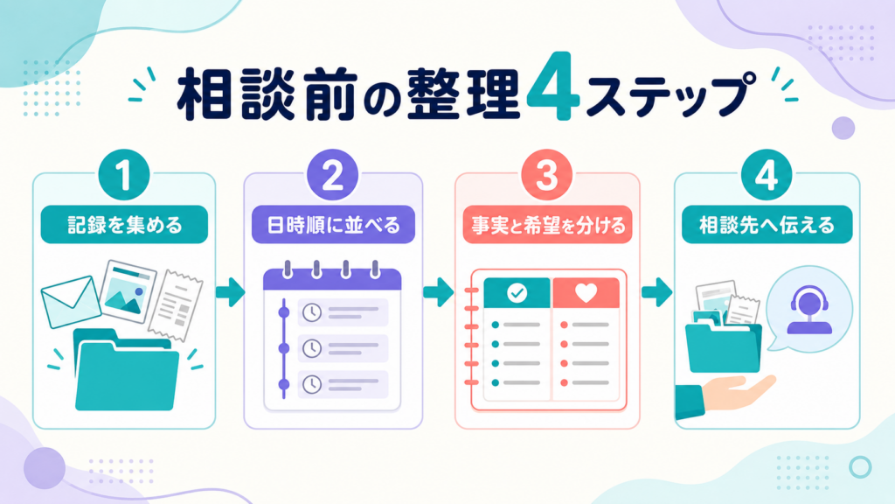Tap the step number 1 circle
point(124,175)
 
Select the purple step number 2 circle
point(333,175)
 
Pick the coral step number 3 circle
point(547,175)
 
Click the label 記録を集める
point(124,225)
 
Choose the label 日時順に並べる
point(333,225)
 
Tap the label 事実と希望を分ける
point(547,225)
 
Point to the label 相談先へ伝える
point(767,225)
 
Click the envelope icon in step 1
point(71,302)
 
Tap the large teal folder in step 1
point(127,370)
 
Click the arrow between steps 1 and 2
point(230,292)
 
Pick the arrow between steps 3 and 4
point(656,292)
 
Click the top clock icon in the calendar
point(312,312)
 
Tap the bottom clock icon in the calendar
point(312,384)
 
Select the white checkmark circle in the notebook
point(517,293)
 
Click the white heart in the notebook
point(586,292)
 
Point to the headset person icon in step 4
point(809,310)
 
